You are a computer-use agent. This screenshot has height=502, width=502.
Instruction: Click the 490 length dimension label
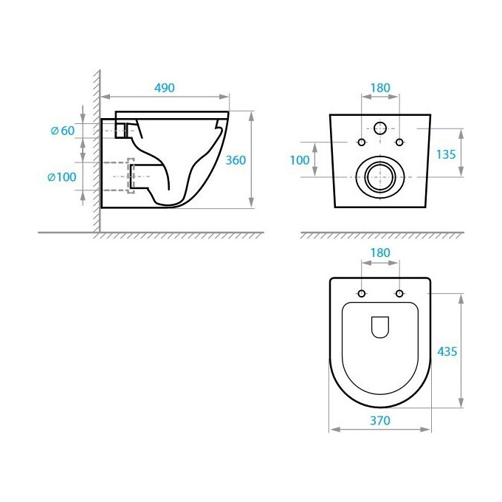164,88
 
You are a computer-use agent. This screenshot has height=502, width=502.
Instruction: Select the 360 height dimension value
235,160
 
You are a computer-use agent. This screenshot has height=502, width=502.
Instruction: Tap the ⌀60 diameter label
63,131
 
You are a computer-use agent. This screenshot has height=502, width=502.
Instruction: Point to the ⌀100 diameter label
62,177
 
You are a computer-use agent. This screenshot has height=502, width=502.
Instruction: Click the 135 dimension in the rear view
447,154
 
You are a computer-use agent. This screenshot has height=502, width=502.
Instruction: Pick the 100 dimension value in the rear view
300,160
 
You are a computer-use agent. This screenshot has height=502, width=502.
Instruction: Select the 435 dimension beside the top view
447,351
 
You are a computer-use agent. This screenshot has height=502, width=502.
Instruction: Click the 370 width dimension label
379,420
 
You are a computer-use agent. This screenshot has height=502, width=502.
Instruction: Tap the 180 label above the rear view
379,88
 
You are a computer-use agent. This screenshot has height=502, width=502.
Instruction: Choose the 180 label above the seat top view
379,253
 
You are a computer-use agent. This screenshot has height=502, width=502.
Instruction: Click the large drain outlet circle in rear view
379,176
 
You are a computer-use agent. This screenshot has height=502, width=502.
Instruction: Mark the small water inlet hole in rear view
380,128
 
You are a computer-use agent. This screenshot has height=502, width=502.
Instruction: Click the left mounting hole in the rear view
361,142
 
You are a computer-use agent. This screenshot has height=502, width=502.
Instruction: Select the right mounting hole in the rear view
399,142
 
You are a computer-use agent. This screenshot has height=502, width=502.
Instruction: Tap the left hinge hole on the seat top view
361,294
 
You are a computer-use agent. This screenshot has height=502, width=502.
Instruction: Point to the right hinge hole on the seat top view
399,294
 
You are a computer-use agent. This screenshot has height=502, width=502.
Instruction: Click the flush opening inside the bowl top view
379,326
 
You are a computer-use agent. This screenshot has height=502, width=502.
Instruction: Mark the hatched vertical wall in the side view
96,148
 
